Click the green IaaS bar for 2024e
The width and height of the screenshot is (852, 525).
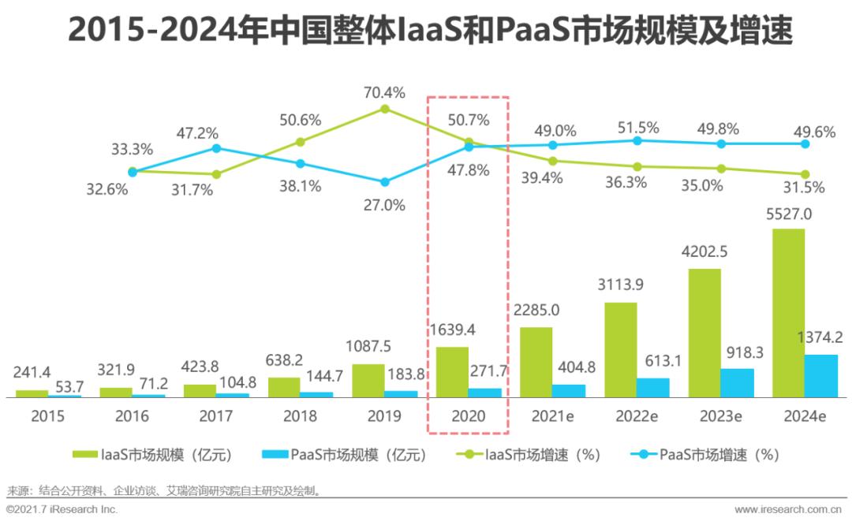click(789, 313)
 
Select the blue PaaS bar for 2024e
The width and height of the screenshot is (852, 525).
click(821, 376)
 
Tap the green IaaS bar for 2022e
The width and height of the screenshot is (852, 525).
click(621, 350)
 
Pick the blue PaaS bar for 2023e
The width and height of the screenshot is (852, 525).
click(738, 382)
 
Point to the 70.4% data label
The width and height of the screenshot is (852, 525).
click(385, 92)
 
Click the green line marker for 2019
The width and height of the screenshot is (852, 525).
click(385, 109)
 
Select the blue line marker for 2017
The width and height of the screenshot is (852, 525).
click(216, 148)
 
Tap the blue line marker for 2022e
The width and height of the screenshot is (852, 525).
click(637, 140)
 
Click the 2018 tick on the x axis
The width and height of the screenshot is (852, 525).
click(301, 415)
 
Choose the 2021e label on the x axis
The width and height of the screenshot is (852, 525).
click(552, 415)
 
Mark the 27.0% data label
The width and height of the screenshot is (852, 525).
click(385, 205)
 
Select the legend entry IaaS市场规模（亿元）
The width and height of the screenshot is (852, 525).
click(154, 454)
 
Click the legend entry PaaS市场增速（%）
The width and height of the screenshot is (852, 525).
click(705, 454)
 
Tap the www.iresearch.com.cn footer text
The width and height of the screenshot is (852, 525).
click(791, 510)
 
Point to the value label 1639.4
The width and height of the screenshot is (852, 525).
click(453, 330)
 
